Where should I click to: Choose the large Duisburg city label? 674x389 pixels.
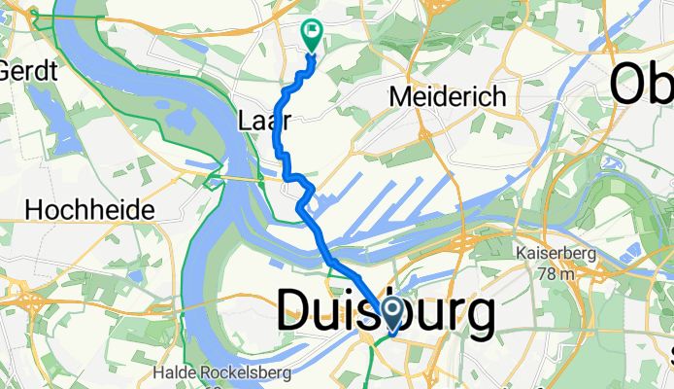pos(386,314)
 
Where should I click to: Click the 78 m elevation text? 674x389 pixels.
pos(561,272)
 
